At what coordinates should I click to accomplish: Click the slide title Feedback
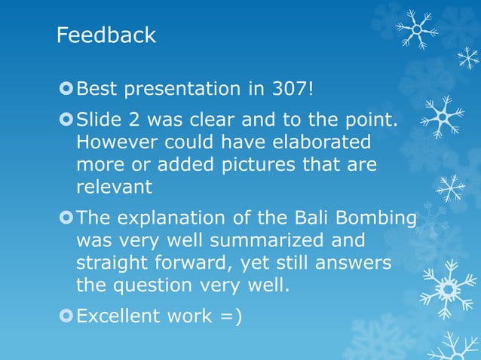(106, 35)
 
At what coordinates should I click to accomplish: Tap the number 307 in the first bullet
(287, 89)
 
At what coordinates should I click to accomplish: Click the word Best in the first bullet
(97, 89)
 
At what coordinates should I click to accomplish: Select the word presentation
(180, 89)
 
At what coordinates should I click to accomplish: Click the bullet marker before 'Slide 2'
(66, 120)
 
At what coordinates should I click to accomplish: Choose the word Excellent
(119, 316)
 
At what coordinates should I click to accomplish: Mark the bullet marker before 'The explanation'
(66, 218)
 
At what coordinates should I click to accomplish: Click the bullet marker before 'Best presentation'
(66, 89)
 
